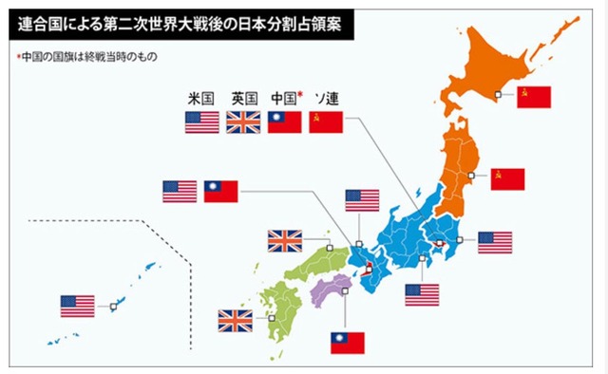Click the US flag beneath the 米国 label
point(201,122)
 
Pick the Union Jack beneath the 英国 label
point(243,122)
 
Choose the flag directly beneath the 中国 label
point(284,122)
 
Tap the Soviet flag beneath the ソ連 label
point(326,122)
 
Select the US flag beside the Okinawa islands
point(78,306)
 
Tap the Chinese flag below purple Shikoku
point(347,342)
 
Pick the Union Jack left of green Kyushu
point(236,321)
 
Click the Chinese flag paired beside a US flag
point(221,192)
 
